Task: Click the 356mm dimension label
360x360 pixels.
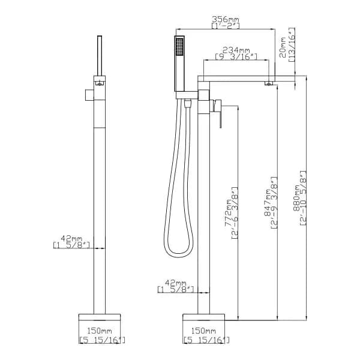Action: tap(225, 19)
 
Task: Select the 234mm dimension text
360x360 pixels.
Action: tap(236, 50)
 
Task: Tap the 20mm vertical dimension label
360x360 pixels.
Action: tap(282, 47)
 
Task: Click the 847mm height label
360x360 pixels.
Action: tap(267, 203)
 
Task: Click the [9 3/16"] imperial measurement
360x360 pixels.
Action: tap(236, 56)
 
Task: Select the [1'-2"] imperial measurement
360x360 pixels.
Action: tap(225, 26)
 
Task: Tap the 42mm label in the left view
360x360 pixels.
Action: tap(71, 238)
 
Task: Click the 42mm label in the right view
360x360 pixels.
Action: tap(176, 283)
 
